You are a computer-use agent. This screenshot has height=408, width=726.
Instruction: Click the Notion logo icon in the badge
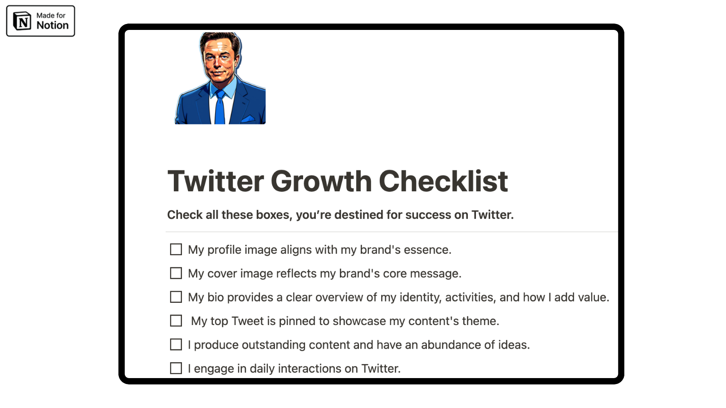[x=22, y=21]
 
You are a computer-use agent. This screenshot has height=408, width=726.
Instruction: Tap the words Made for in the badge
[x=51, y=15]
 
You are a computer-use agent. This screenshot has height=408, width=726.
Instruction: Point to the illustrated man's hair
[x=221, y=39]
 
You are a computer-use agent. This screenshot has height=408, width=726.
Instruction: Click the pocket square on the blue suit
[x=248, y=119]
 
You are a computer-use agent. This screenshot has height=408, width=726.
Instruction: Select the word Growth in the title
[x=321, y=181]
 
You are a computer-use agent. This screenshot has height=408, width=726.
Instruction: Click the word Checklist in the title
[x=443, y=181]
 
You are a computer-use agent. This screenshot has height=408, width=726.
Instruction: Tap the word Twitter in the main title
[x=216, y=181]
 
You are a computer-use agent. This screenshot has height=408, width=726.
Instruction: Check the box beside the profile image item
[x=176, y=250]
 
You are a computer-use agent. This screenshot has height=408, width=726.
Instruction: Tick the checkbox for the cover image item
[x=176, y=273]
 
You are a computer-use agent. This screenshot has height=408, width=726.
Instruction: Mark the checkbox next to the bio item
[x=176, y=297]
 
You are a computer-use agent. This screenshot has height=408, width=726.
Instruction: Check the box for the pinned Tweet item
[x=176, y=321]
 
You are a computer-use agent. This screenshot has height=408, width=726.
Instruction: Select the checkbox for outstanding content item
[x=176, y=345]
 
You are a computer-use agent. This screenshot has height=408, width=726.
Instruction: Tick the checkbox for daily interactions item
[x=176, y=369]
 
